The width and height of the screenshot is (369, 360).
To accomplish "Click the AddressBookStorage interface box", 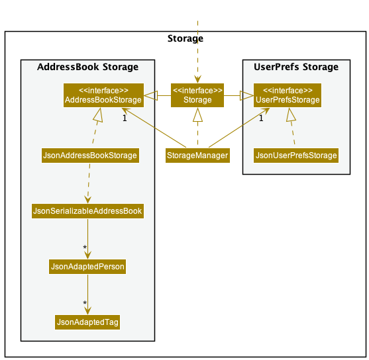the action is tap(103, 95).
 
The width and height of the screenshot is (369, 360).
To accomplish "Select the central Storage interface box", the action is tap(197, 95).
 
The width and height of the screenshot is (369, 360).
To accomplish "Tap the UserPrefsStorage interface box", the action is tap(288, 95).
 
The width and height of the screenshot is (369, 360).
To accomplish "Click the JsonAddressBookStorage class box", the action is tap(90, 156).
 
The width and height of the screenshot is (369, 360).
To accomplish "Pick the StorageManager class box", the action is tap(197, 156).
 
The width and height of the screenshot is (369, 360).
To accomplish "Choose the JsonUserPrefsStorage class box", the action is tap(296, 156).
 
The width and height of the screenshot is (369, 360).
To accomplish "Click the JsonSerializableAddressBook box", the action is tap(88, 211).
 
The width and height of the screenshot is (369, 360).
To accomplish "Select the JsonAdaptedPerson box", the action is tap(87, 267).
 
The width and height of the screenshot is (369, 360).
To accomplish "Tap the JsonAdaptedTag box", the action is tap(87, 322).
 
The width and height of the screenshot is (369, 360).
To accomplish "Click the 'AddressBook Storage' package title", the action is tap(88, 67).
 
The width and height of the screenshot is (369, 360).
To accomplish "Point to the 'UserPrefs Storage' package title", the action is tap(296, 67).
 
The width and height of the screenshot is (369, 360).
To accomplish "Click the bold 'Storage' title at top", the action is tap(185, 38).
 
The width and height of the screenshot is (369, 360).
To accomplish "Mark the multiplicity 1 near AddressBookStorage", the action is tap(125, 118).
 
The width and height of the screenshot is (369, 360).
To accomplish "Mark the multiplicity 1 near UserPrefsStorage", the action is tap(261, 118).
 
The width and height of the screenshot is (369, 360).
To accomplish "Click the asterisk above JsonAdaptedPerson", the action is tap(85, 247).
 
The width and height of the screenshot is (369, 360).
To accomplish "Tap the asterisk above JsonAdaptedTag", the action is tap(85, 303).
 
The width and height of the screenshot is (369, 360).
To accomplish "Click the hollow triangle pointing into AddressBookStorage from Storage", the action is tap(151, 95).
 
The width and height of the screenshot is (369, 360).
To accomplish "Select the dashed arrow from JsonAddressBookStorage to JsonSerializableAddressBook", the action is tap(89, 183).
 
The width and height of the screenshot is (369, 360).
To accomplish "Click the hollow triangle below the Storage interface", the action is tap(197, 114).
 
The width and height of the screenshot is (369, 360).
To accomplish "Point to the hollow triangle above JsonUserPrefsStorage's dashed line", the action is tap(290, 114).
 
